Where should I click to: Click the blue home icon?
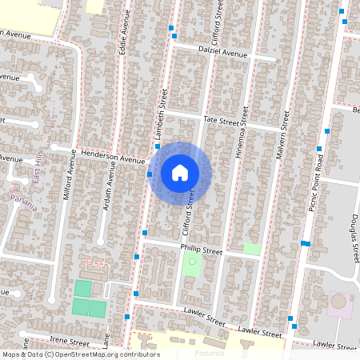tap(180, 172)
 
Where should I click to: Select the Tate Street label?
tap(222, 121)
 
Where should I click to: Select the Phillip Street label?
tap(201, 250)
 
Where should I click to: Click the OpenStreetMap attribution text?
tap(80, 354)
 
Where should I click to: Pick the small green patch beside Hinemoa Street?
tap(251, 249)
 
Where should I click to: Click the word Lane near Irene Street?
tap(107, 342)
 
